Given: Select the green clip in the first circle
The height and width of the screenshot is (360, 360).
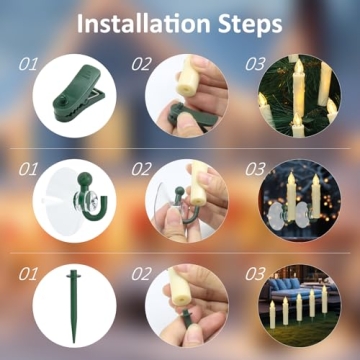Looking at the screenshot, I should (x=70, y=97).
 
